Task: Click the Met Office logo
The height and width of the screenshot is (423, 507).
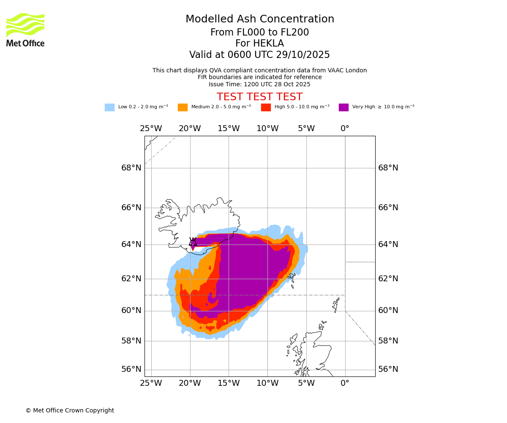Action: (25, 30)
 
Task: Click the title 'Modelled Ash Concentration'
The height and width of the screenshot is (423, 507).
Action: (260, 19)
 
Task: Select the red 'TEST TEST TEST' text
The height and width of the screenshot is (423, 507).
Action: (259, 97)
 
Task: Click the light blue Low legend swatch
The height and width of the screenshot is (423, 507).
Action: (109, 107)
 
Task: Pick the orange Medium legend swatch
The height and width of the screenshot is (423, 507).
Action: (183, 107)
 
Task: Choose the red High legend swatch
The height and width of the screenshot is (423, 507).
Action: (266, 107)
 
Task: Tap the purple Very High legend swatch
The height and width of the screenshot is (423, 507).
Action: (343, 107)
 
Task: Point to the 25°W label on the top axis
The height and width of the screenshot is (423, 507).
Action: (151, 129)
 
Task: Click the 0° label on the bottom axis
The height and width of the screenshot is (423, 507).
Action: (345, 383)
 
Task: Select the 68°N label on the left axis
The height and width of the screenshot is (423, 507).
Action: (131, 168)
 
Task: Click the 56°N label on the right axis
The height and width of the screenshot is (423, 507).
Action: (388, 369)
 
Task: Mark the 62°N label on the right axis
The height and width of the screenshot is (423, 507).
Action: (388, 279)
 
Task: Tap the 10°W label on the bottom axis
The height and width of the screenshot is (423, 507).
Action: (267, 383)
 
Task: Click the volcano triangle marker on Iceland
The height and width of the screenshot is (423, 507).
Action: (193, 242)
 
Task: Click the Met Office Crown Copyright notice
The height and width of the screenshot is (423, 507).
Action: (70, 410)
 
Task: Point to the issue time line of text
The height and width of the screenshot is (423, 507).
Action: (259, 85)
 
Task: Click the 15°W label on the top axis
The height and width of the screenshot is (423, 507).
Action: (229, 129)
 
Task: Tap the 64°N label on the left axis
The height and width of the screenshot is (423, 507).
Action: (131, 244)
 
